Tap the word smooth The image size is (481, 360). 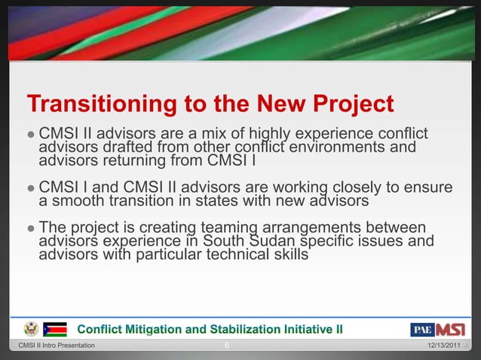(79, 200)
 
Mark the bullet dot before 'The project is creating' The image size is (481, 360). (30, 228)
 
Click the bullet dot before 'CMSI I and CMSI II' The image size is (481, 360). (30, 188)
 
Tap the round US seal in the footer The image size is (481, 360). (31, 329)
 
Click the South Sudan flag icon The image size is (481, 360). (55, 329)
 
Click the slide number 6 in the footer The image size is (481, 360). (228, 345)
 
